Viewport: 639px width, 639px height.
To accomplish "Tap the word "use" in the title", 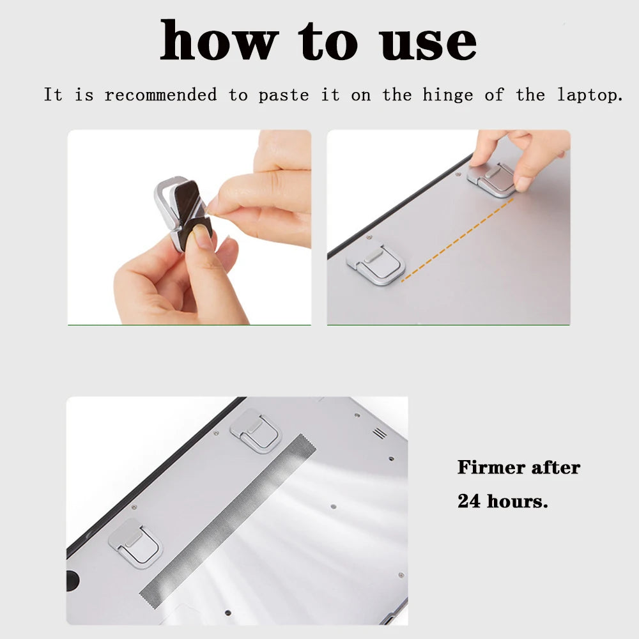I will [427, 42].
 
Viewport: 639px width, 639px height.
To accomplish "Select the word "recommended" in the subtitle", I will [160, 95].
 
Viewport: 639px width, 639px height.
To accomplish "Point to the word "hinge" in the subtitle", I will [447, 95].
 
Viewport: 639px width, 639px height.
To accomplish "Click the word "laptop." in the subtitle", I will [590, 96].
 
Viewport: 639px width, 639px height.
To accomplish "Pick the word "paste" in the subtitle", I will [283, 96].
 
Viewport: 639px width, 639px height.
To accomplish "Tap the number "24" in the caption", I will [470, 501].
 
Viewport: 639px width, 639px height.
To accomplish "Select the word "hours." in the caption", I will [518, 501].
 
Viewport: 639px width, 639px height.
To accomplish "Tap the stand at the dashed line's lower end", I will [376, 263].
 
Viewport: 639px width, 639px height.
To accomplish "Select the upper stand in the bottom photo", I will [256, 430].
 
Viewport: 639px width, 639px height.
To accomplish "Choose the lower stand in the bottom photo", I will [135, 542].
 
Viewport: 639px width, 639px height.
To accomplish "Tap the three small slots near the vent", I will [380, 433].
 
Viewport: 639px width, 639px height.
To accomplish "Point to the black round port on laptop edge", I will [72, 580].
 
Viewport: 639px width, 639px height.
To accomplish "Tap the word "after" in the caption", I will [556, 467].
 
